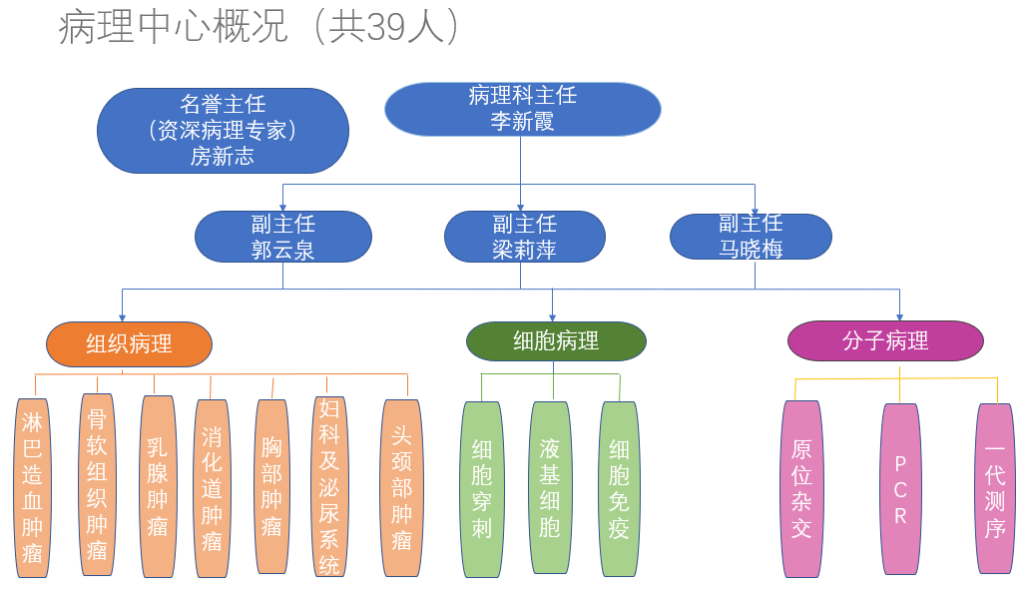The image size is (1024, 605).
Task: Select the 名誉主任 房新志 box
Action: pyautogui.click(x=223, y=131)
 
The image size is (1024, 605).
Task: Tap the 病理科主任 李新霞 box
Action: pyautogui.click(x=522, y=109)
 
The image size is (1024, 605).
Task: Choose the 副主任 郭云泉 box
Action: pyautogui.click(x=283, y=237)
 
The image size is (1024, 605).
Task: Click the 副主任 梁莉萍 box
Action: pyautogui.click(x=524, y=237)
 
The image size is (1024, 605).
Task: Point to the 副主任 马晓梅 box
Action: pyautogui.click(x=751, y=237)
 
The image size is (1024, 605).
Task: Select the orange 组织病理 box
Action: pyautogui.click(x=129, y=344)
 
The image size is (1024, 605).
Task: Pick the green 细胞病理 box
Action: pyautogui.click(x=556, y=341)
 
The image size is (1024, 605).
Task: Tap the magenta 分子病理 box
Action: pyautogui.click(x=885, y=341)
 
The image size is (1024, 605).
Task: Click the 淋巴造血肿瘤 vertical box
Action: pyautogui.click(x=33, y=488)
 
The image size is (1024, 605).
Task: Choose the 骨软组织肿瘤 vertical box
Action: pyautogui.click(x=96, y=483)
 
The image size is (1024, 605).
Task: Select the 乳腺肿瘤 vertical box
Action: pyautogui.click(x=158, y=486)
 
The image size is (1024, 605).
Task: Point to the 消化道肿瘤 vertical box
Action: pyautogui.click(x=212, y=488)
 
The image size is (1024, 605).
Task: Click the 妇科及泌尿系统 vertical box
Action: pyautogui.click(x=329, y=486)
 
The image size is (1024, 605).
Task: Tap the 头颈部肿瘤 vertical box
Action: pyautogui.click(x=401, y=488)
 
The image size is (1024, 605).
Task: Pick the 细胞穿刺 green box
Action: pyautogui.click(x=482, y=488)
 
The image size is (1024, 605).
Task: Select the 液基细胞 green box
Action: pyautogui.click(x=550, y=487)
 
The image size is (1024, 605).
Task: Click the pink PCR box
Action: pyautogui.click(x=900, y=488)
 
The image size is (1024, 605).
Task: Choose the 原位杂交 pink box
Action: pyautogui.click(x=801, y=488)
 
